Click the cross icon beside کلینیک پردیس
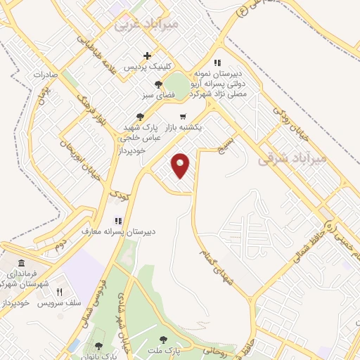(x=147, y=56)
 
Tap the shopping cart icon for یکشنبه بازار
(x=183, y=116)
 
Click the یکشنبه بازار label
(x=184, y=129)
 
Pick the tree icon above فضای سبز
(x=157, y=84)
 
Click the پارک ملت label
(x=167, y=350)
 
